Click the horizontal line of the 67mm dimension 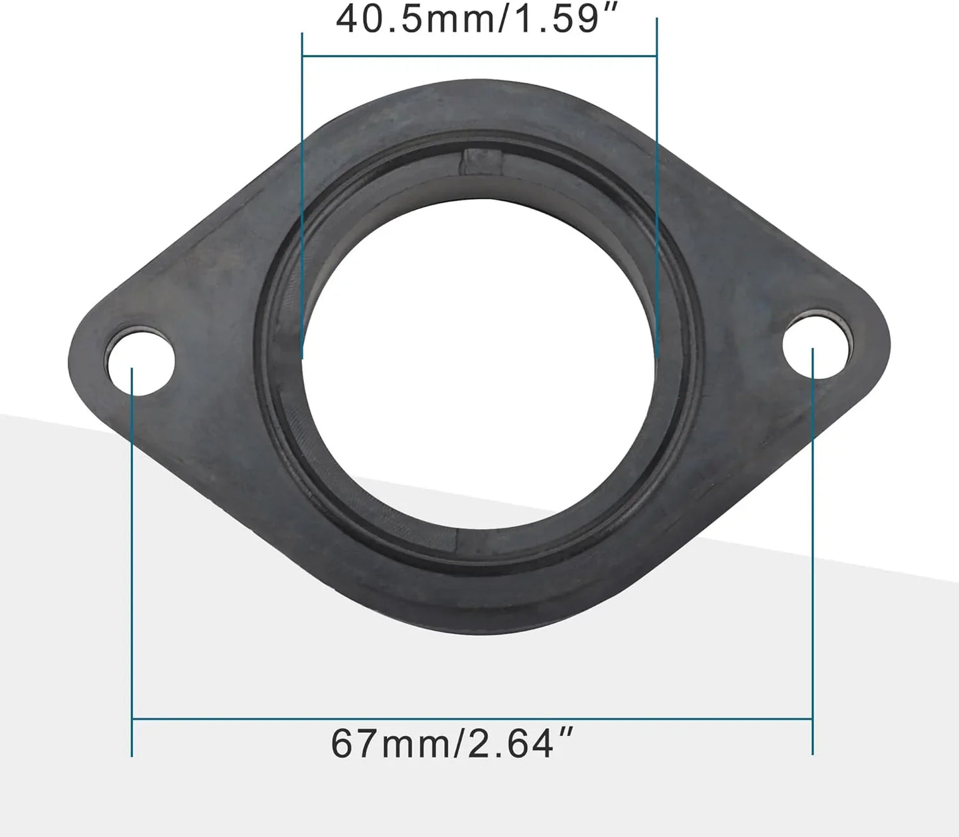pyautogui.click(x=472, y=718)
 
